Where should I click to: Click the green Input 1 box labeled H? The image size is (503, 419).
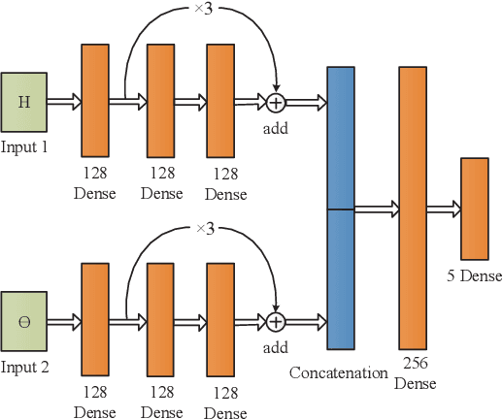click(x=23, y=101)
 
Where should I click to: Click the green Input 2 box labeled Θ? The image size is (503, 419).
click(x=23, y=320)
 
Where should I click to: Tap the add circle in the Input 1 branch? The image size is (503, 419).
click(x=277, y=100)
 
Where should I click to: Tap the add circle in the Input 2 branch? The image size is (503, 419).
click(x=277, y=320)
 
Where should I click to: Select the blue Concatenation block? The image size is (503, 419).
click(x=340, y=208)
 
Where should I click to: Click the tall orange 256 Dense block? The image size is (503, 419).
click(x=412, y=208)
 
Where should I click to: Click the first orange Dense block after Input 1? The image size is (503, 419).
click(x=95, y=100)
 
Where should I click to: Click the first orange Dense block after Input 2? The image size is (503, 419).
click(x=95, y=320)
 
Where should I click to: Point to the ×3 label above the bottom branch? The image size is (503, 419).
click(x=204, y=229)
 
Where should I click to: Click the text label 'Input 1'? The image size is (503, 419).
click(x=24, y=147)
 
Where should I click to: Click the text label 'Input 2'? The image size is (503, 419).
click(x=24, y=368)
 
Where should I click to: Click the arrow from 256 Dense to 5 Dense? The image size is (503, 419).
click(x=443, y=208)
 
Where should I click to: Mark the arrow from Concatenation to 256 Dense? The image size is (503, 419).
click(x=376, y=208)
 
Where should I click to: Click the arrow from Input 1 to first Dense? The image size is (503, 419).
click(x=63, y=100)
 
